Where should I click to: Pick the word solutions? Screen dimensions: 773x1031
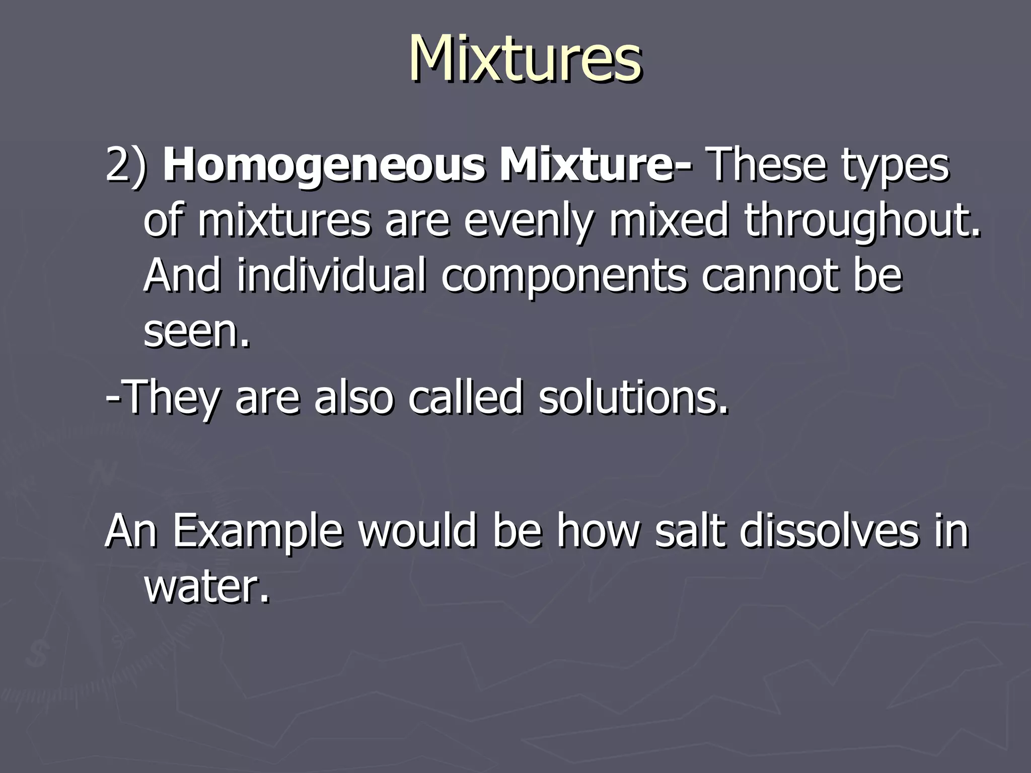coord(633,398)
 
